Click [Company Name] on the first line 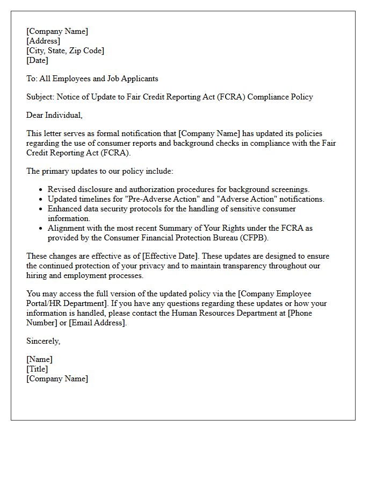click(57, 31)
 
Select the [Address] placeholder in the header click(43, 41)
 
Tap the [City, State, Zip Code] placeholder click(65, 51)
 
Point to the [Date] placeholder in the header click(37, 60)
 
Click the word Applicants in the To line click(140, 79)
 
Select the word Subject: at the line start click(42, 97)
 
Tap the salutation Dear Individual click(54, 115)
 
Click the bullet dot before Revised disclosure click(41, 190)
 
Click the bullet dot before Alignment click(41, 229)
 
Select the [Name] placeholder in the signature click(39, 359)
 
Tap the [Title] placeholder click(37, 369)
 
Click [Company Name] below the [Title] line click(57, 379)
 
